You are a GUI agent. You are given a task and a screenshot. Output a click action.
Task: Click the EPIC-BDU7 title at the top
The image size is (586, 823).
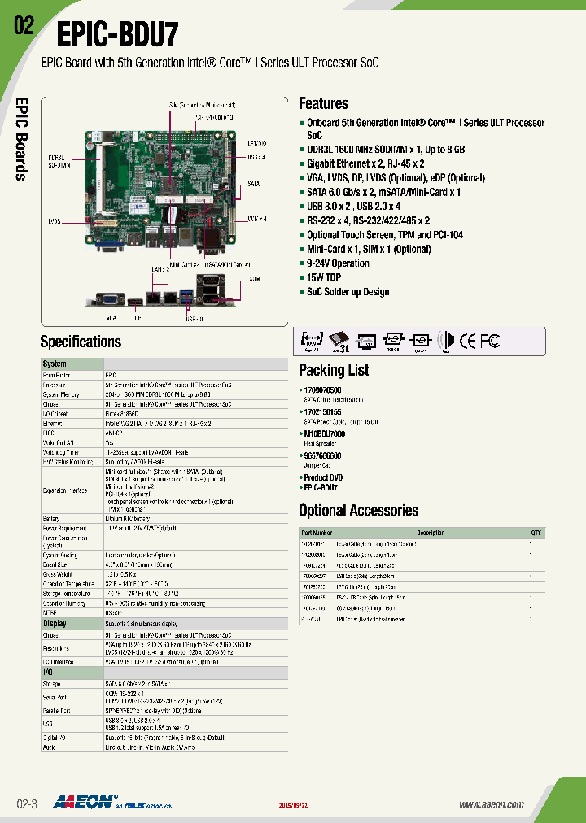[x=116, y=36]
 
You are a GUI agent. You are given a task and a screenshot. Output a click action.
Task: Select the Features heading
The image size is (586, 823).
[x=323, y=103]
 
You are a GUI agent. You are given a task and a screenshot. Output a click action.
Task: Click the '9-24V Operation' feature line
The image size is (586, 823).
[x=338, y=263]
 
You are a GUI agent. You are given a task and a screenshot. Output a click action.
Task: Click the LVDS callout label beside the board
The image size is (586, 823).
[x=55, y=220]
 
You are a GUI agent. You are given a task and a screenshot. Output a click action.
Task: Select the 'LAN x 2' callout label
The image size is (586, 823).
[x=160, y=268]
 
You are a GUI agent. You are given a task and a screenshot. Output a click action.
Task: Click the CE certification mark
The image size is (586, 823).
[x=468, y=342]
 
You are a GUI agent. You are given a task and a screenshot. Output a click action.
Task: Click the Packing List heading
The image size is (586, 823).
[x=334, y=370]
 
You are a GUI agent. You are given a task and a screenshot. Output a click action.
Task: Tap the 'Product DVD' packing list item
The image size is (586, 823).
[x=323, y=477]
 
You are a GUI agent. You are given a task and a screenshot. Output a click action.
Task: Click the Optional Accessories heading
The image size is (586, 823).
[x=358, y=511]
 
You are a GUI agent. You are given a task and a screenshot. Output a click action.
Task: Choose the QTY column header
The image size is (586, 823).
[x=536, y=533]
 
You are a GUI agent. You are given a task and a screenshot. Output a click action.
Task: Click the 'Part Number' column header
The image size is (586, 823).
[x=317, y=533]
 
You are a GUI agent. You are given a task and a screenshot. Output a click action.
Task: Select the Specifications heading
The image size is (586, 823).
[x=81, y=342]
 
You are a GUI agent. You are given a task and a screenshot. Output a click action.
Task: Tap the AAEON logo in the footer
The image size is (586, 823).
[x=85, y=803]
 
